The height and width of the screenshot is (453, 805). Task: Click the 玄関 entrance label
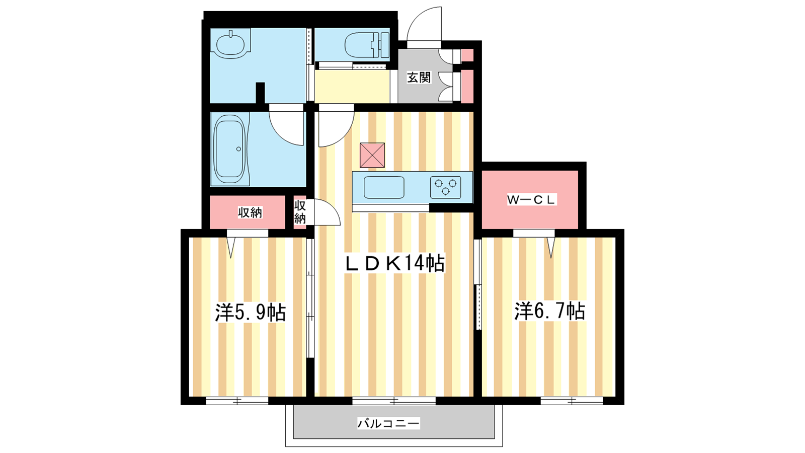[419, 78]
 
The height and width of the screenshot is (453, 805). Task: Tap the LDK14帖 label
[395, 264]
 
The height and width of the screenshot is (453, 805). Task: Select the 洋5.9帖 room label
[251, 312]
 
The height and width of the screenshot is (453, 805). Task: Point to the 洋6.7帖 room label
[550, 312]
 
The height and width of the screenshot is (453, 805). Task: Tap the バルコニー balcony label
[388, 423]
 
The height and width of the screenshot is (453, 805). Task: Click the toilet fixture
[367, 45]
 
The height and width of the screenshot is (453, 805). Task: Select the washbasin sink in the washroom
[230, 43]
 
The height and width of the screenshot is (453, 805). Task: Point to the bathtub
[229, 149]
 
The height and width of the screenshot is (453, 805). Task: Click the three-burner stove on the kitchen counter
[446, 187]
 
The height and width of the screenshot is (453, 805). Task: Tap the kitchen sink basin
[384, 187]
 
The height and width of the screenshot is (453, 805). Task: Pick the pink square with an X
[372, 155]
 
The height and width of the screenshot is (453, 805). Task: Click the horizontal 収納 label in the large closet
[250, 212]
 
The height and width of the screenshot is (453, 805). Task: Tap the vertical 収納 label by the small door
[300, 211]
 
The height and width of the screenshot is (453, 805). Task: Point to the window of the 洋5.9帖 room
[237, 401]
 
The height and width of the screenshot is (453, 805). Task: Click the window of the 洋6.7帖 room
[572, 401]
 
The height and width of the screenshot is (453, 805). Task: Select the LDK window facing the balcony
[394, 401]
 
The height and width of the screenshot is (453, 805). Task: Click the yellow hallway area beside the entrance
[352, 86]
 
